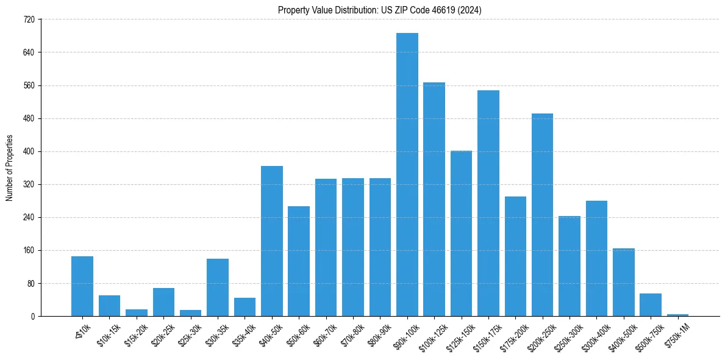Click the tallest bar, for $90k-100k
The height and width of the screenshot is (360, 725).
407,175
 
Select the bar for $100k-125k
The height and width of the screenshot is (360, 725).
434,199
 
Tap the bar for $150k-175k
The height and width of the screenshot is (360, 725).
488,203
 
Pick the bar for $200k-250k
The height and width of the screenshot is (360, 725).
542,215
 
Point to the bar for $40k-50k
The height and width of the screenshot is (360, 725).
272,241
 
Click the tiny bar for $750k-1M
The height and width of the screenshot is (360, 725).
677,315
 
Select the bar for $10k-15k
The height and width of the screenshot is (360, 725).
109,306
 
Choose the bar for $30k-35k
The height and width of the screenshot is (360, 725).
218,287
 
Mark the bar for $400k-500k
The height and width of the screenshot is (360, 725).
624,282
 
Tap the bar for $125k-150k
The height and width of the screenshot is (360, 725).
461,233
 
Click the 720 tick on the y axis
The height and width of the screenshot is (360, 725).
29,20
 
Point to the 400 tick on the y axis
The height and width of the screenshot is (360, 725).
29,151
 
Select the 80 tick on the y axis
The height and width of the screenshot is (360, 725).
29,283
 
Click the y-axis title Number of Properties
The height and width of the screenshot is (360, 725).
9,168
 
